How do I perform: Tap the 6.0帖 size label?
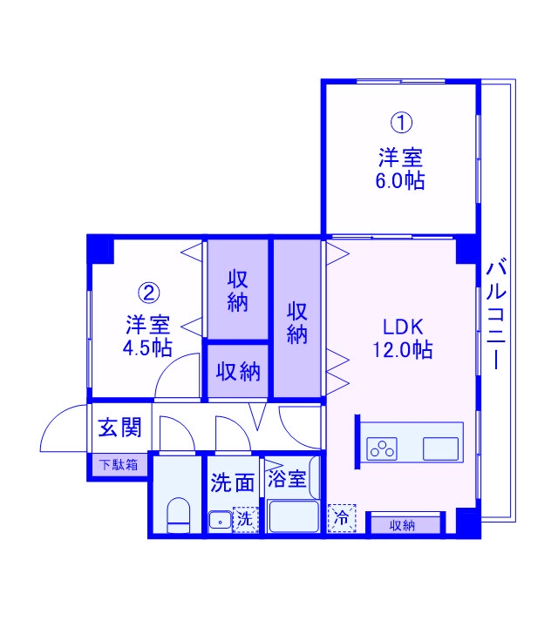click(x=400, y=181)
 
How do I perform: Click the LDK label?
click(x=403, y=327)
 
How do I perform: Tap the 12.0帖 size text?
click(x=403, y=350)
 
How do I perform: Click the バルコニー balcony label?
click(x=496, y=313)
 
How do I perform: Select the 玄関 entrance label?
click(x=119, y=428)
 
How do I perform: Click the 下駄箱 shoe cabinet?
click(x=118, y=465)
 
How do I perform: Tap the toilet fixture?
click(x=177, y=516)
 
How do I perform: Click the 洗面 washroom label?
click(x=231, y=481)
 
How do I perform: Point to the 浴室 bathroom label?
click(x=287, y=478)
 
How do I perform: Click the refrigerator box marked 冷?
click(x=341, y=518)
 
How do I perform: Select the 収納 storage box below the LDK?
click(x=402, y=525)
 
